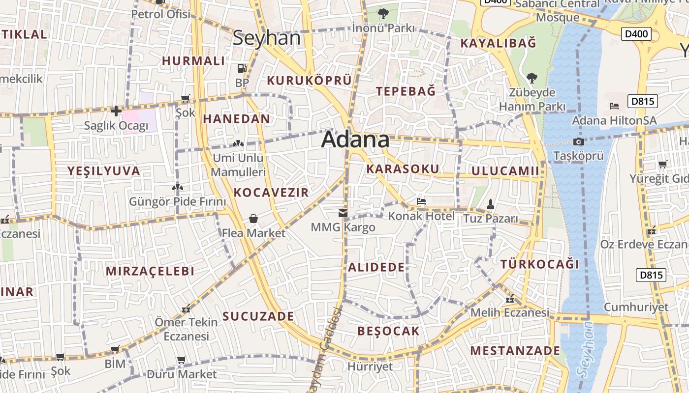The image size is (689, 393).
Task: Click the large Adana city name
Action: (x=355, y=140)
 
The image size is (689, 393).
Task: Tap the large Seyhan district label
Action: (x=266, y=38)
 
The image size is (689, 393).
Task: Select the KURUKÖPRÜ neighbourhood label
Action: (x=309, y=81)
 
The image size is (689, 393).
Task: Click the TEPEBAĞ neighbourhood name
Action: (x=406, y=91)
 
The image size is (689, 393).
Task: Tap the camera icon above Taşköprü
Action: (x=578, y=142)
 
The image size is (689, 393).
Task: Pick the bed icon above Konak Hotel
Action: (x=421, y=201)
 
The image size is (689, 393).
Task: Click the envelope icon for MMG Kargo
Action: (x=343, y=213)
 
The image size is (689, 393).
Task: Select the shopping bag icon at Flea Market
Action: (x=253, y=219)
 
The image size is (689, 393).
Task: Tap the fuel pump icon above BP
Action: (x=242, y=68)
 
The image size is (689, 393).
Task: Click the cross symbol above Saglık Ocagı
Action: (x=116, y=111)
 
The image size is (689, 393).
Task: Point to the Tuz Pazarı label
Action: (x=491, y=219)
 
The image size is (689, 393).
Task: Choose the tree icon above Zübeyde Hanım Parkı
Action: (x=532, y=78)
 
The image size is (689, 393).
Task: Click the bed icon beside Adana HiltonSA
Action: (x=614, y=106)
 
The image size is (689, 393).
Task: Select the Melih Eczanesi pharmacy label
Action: (x=509, y=312)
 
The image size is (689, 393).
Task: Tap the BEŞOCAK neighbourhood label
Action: (x=388, y=331)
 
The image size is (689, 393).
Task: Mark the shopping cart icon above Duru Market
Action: (x=182, y=360)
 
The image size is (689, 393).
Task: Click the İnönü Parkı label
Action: (x=383, y=28)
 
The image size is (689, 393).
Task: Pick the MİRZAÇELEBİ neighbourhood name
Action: (x=150, y=271)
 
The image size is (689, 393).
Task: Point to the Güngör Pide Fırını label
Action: (x=177, y=201)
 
